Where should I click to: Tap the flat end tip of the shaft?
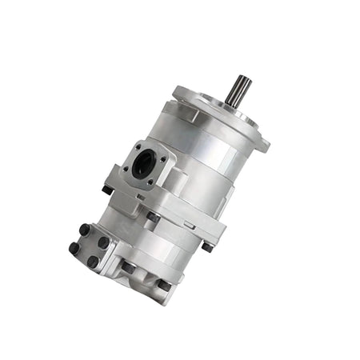click(242, 77)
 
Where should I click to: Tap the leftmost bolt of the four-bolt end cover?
click(74, 247)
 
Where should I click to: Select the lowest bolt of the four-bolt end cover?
click(94, 261)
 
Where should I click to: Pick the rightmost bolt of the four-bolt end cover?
click(104, 242)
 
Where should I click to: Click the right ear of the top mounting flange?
click(262, 143)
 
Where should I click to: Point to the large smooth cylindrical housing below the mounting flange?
click(204, 152)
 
